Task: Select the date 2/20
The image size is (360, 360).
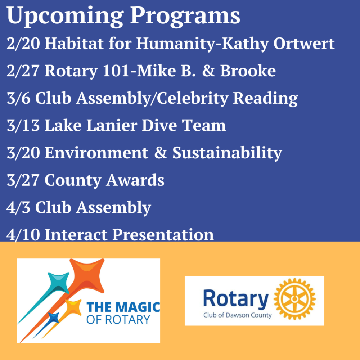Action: point(23,43)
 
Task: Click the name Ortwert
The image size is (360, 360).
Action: point(304,43)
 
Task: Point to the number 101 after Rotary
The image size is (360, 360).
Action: point(116,71)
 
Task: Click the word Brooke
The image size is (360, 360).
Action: point(248,71)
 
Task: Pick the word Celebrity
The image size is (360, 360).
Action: point(192,98)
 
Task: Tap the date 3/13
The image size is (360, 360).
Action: point(23,125)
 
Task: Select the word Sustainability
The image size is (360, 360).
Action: point(227,153)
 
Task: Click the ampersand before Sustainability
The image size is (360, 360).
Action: point(161,152)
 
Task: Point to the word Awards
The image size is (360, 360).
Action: point(135,180)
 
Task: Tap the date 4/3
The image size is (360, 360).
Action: point(18,207)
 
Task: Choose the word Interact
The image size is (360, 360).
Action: point(76,235)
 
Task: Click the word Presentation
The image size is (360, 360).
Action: point(163,235)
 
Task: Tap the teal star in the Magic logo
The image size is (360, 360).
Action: point(59,282)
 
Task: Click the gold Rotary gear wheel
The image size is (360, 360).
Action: point(295,299)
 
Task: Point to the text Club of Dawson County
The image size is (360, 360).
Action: point(237,315)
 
